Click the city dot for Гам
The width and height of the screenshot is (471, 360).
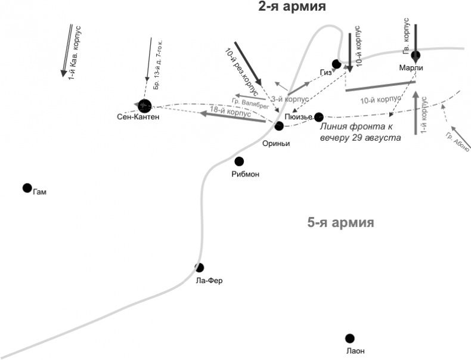pos(27,188)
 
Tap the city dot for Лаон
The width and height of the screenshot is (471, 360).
pos(350,338)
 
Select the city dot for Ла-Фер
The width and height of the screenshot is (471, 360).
pos(200,268)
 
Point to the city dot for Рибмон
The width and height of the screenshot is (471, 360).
pos(239,161)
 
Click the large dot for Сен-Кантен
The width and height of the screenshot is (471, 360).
pos(144,105)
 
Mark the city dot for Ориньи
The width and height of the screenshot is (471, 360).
pos(278,126)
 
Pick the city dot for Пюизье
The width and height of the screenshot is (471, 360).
pos(319,117)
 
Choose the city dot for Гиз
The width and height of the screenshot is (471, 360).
pos(337,63)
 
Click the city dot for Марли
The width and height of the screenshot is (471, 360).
pos(416,55)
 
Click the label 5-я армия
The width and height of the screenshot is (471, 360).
pos(340,223)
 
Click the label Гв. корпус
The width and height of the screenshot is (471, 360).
pos(407,39)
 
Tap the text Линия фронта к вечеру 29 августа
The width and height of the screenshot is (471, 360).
pos(359,132)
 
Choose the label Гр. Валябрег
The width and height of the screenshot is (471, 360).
pos(247,102)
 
